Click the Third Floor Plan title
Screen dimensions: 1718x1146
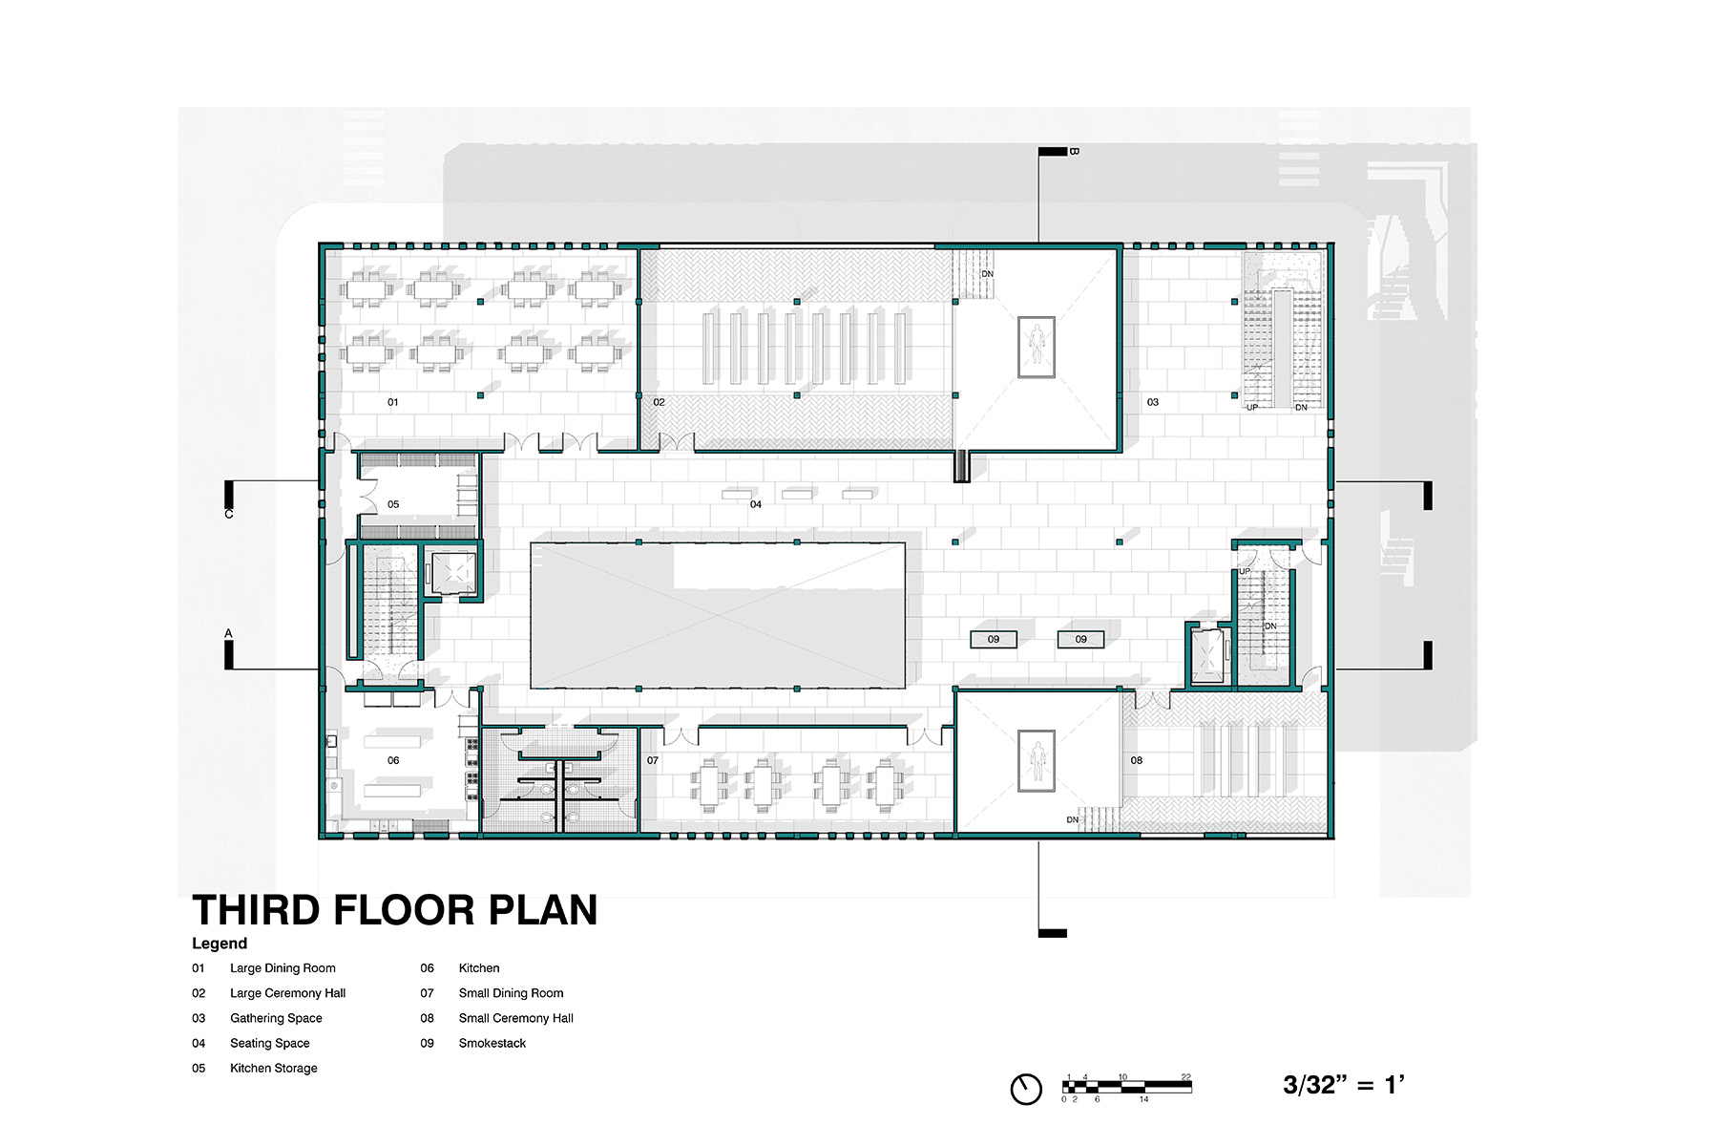click(395, 910)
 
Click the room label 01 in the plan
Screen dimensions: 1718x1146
click(392, 402)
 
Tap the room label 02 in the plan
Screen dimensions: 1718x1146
click(659, 402)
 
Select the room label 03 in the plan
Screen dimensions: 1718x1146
click(1153, 402)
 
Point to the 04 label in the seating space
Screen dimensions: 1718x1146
click(756, 504)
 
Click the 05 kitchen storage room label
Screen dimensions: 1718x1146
click(393, 504)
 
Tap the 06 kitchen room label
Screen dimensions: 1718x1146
click(393, 760)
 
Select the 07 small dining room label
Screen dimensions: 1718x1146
click(653, 760)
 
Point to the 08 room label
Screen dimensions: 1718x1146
click(1137, 760)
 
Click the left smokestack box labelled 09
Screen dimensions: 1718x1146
click(994, 639)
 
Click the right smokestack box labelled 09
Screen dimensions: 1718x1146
click(1080, 639)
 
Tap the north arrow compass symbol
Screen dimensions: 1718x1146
click(1026, 1089)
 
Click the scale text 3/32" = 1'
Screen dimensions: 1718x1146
click(1344, 1084)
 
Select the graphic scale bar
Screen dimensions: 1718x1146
click(1127, 1087)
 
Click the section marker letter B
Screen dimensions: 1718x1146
click(1074, 151)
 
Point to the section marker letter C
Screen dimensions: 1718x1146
click(229, 514)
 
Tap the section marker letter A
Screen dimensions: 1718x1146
click(229, 633)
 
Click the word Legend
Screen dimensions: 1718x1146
click(220, 944)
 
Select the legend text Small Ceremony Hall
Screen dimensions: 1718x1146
click(516, 1018)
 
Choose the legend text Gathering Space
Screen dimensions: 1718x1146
click(276, 1018)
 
